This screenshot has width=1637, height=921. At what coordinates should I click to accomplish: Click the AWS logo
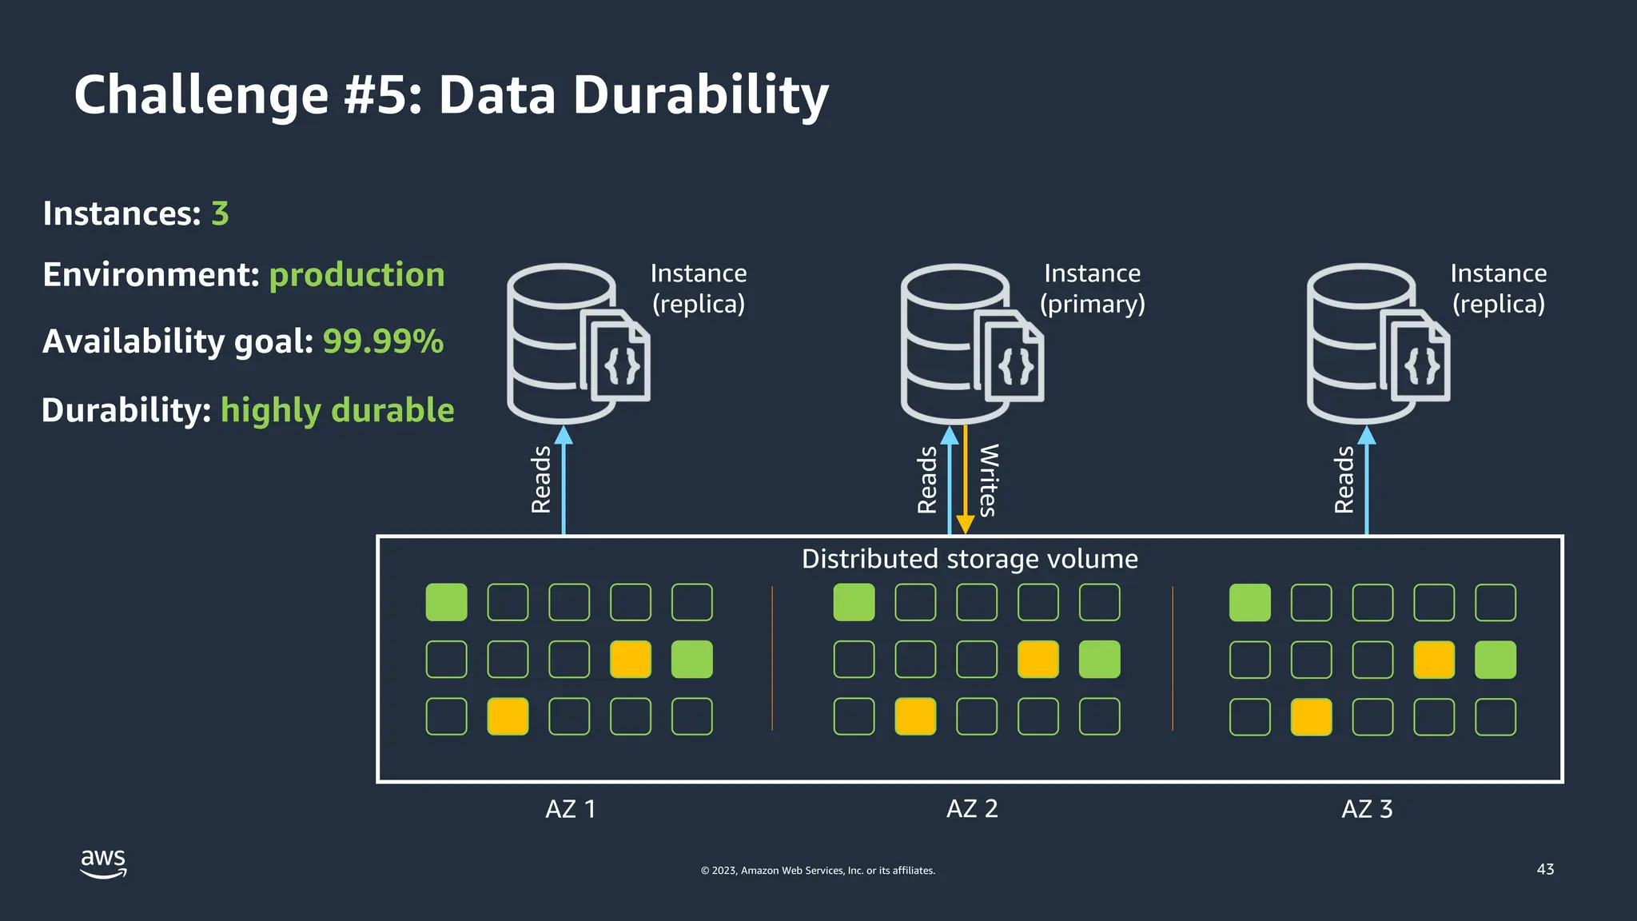(x=103, y=863)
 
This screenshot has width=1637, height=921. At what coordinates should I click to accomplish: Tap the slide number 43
(x=1545, y=869)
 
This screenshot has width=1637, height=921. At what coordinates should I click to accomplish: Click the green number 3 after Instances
(x=220, y=213)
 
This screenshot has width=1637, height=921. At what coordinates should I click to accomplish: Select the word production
(x=356, y=275)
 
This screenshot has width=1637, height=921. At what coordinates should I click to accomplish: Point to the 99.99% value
(x=383, y=341)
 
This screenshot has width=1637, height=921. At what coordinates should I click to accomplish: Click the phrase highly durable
(x=337, y=410)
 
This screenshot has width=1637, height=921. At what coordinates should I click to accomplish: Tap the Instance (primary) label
(x=1092, y=289)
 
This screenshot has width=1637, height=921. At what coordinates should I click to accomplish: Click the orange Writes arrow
(x=966, y=480)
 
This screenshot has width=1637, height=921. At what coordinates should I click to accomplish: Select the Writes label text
(x=988, y=480)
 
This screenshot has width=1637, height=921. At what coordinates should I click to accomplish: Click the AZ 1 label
(x=570, y=809)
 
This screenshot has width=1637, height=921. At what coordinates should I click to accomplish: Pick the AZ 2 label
(x=972, y=809)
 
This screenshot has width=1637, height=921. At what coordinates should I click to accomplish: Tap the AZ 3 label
(x=1367, y=809)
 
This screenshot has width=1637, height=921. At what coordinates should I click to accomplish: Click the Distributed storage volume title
(x=970, y=559)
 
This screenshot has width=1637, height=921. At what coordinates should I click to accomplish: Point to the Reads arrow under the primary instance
(x=950, y=480)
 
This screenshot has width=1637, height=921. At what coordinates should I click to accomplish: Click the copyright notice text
(x=818, y=871)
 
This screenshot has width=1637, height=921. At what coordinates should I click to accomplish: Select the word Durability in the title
(x=701, y=95)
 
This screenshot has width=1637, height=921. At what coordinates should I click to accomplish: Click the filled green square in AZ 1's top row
(x=446, y=602)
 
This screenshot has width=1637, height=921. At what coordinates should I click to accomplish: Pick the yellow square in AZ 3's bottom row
(x=1311, y=716)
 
